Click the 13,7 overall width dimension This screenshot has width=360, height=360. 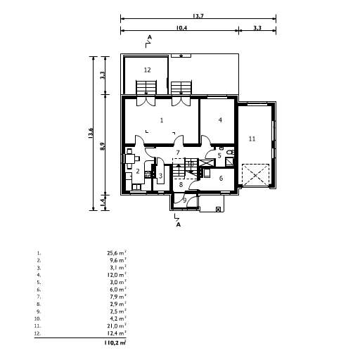click(x=198, y=16)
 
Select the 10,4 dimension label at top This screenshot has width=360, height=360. click(x=181, y=28)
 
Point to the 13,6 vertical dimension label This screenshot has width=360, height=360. click(x=91, y=133)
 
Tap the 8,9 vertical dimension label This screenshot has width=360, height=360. click(x=103, y=146)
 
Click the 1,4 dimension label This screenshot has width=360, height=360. click(x=103, y=202)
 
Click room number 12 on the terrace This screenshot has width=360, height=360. click(x=147, y=70)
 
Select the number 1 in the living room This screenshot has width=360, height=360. click(x=162, y=120)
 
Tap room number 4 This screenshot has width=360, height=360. click(x=220, y=120)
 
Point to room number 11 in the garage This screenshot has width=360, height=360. click(x=252, y=139)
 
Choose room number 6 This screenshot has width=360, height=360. click(x=221, y=179)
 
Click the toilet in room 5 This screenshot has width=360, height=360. click(x=231, y=153)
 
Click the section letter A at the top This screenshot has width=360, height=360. click(x=150, y=37)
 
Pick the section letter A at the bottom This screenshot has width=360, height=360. click(x=179, y=224)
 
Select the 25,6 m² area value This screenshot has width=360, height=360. click(x=117, y=253)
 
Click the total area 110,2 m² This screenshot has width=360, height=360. click(x=115, y=342)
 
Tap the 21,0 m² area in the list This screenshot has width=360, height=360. click(x=117, y=326)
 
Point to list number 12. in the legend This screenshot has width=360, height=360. click(x=37, y=333)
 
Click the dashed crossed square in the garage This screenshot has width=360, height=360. click(x=255, y=175)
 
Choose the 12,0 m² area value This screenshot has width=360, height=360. click(x=117, y=275)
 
